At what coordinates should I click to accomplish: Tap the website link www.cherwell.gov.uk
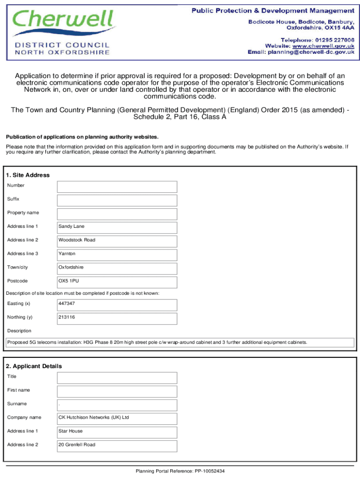pos(323,46)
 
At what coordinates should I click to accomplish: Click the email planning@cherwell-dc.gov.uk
pos(310,52)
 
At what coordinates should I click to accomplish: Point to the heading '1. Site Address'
pos(28,175)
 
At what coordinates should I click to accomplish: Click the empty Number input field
pos(117,187)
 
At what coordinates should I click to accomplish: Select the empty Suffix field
pos(117,200)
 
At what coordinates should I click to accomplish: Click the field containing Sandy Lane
pos(117,227)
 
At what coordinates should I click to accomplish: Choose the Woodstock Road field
pos(117,241)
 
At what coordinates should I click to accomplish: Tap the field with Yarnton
pos(117,254)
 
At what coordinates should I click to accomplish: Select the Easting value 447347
pos(67,304)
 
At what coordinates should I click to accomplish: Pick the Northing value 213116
pos(67,317)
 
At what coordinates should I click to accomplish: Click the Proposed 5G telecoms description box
pos(180,342)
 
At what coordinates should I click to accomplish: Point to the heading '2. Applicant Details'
pos(34,366)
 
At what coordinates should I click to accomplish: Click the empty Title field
pos(117,377)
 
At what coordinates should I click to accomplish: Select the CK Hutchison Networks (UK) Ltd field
pos(117,418)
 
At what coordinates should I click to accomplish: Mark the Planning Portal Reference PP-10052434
pos(180,471)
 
